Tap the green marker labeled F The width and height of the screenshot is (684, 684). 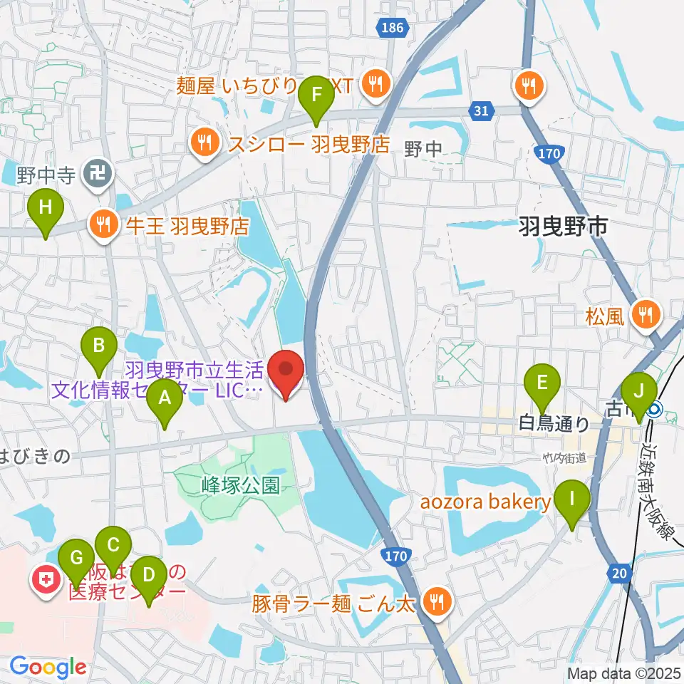click(316, 95)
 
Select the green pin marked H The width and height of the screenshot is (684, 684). click(46, 209)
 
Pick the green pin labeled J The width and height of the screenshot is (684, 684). click(638, 391)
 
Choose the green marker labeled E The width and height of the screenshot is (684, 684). click(541, 383)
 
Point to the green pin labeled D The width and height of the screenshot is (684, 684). click(148, 574)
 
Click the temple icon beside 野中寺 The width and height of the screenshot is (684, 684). click(93, 172)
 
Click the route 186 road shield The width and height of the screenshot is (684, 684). click(391, 27)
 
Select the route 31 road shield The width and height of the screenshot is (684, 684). click(481, 110)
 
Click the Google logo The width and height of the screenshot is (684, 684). click(47, 667)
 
